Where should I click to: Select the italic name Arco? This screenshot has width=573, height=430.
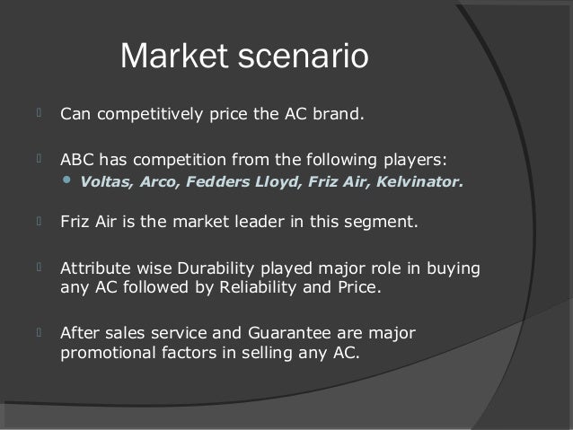pos(155,186)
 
